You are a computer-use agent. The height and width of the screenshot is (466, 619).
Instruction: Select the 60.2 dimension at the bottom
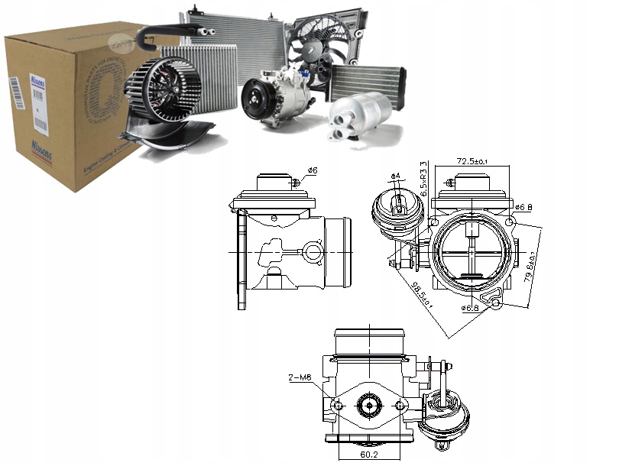tap(369, 454)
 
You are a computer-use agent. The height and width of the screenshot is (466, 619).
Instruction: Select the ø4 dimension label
tap(395, 177)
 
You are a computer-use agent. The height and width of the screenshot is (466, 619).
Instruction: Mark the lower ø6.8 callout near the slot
tap(470, 308)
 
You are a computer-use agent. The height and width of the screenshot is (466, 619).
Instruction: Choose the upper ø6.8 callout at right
tap(524, 206)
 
